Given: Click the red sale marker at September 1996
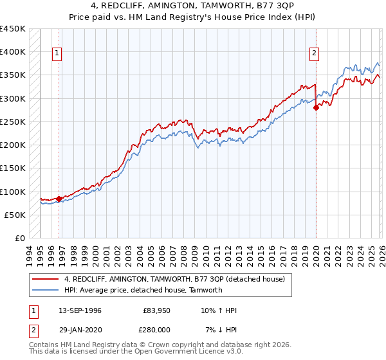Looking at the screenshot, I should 59,199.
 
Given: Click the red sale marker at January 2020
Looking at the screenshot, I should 316,108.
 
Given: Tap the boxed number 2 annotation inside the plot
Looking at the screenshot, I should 315,54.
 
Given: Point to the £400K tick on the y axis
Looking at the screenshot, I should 12,52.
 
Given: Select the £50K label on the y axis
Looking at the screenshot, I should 15,215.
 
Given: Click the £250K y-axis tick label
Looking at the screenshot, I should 12,122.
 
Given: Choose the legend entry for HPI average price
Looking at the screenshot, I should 143,290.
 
